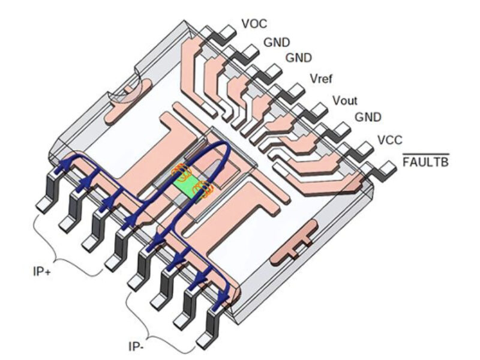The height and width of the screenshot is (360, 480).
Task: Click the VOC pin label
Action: [x=254, y=24]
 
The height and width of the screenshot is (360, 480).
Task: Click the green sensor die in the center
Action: [x=188, y=187]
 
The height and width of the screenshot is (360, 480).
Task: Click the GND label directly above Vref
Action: [x=298, y=59]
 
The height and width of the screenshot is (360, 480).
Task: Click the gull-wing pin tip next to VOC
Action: [x=228, y=30]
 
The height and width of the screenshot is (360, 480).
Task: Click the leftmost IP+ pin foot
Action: [x=45, y=204]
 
